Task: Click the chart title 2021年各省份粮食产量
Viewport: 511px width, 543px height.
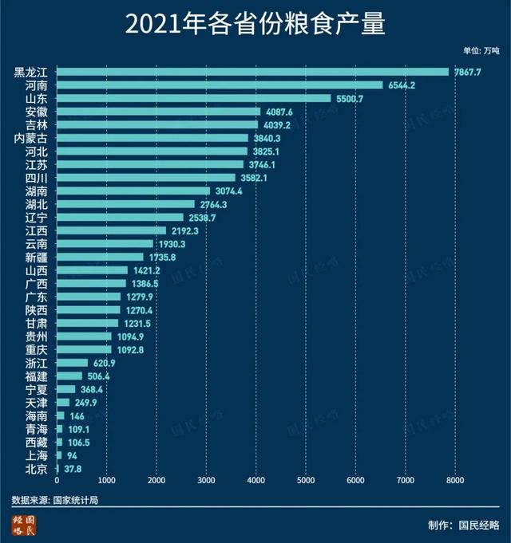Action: [255, 24]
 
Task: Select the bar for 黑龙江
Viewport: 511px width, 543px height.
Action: [252, 73]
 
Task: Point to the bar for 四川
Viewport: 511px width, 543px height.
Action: [146, 177]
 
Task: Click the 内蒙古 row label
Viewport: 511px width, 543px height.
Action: [31, 138]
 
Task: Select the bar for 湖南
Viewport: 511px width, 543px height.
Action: [133, 191]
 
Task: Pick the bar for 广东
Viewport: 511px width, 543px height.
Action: [89, 297]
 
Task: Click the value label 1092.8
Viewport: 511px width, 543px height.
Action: [129, 349]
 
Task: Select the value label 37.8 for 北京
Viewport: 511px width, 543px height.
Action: [73, 467]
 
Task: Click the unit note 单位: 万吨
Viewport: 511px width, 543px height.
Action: [481, 51]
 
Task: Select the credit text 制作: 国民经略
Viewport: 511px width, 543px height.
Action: [464, 525]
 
